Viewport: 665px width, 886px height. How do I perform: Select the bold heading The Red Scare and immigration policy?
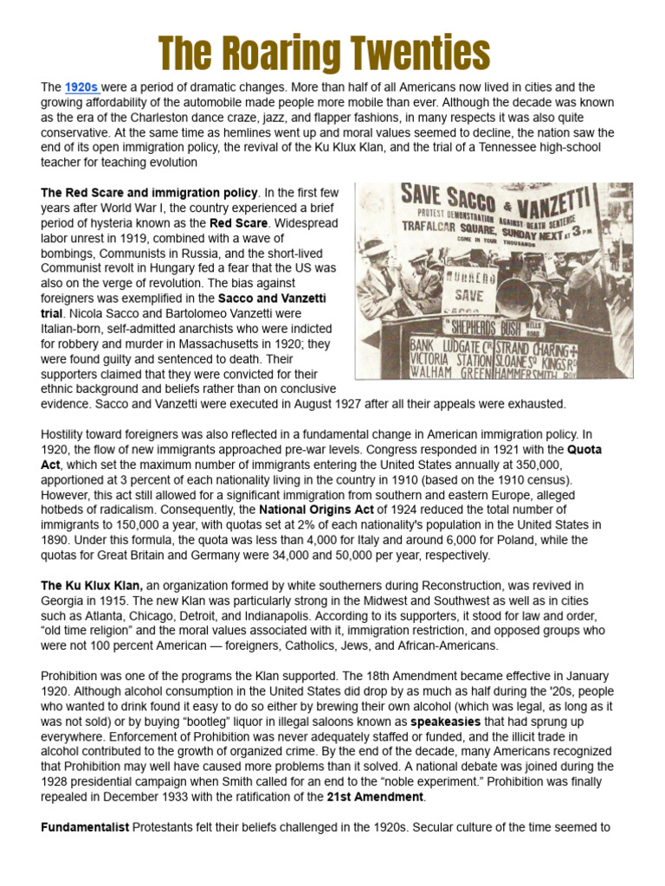point(149,192)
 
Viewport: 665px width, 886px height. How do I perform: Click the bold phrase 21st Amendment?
point(376,796)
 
